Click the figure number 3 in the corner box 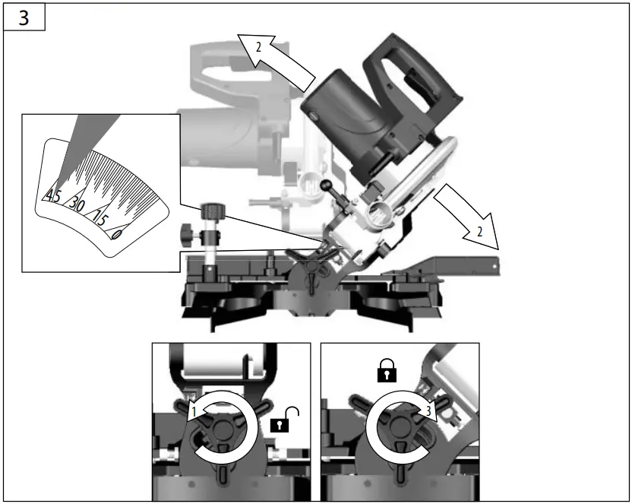pyautogui.click(x=24, y=17)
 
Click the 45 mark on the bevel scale pyautogui.click(x=53, y=195)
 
